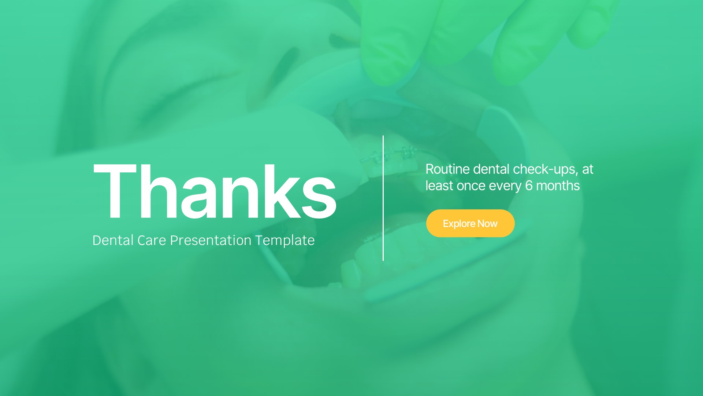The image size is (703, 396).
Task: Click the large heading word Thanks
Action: point(215,191)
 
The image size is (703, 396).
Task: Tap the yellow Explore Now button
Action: point(470,223)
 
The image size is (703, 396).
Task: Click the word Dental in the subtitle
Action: point(113,241)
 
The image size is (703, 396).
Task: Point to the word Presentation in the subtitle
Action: point(211,241)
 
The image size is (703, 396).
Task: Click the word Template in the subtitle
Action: point(285,241)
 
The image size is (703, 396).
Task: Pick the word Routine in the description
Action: point(447,169)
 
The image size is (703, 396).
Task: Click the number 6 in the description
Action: point(529,186)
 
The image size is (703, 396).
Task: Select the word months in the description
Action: point(558,186)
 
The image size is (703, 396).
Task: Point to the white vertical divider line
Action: point(383,198)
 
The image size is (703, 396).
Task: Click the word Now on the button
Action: point(487,224)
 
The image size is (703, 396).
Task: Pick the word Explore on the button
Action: point(459,224)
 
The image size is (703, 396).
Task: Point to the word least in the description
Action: point(439,186)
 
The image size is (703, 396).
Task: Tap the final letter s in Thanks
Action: point(319,198)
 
